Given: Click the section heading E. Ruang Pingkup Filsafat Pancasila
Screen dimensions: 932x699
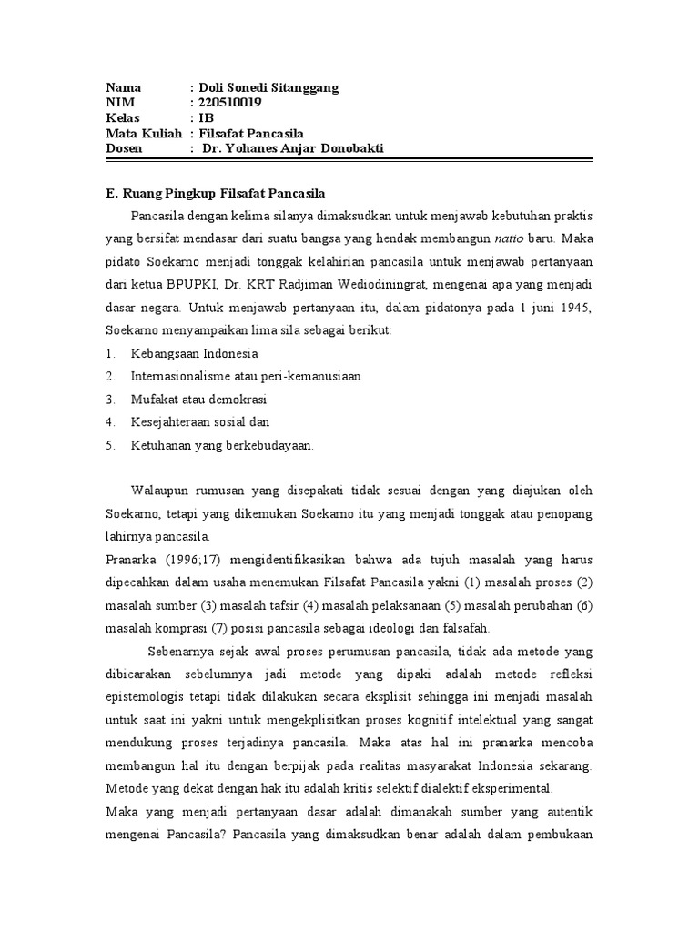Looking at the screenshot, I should [x=215, y=194].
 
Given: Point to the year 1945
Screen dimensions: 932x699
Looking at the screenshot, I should [x=574, y=308].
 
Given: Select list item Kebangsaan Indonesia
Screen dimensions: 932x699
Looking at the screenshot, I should [x=195, y=352].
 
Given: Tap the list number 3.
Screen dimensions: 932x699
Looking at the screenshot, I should [x=109, y=399].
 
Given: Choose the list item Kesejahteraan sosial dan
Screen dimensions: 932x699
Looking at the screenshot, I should [x=200, y=421].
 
